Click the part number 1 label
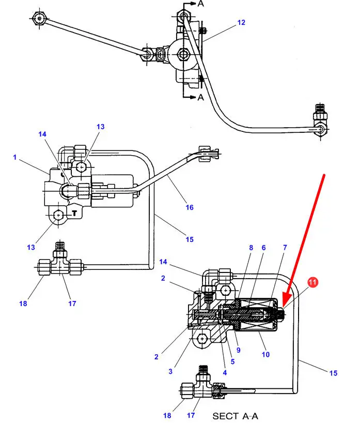pos(15,157)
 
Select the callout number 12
pos(241,23)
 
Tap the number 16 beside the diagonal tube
pos(190,207)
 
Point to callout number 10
pos(265,355)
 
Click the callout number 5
pos(232,361)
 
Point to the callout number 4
pos(224,372)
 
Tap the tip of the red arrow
pos(284,305)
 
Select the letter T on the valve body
pos(74,212)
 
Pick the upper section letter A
pos(199,4)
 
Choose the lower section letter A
pos(201,97)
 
